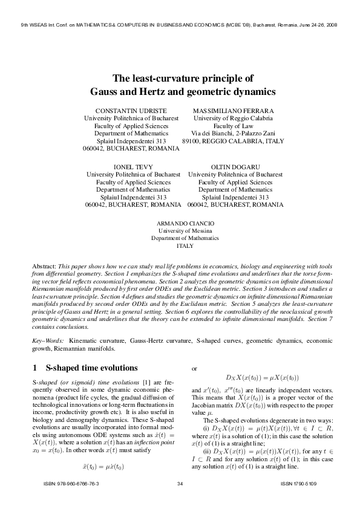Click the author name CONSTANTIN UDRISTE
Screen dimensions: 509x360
click(131, 111)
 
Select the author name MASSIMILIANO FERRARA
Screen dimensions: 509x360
click(233, 111)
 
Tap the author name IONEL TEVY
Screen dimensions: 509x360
click(133, 166)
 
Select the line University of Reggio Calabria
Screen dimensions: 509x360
click(233, 118)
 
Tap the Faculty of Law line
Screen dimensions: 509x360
click(233, 126)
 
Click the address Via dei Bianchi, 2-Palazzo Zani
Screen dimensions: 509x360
click(233, 133)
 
